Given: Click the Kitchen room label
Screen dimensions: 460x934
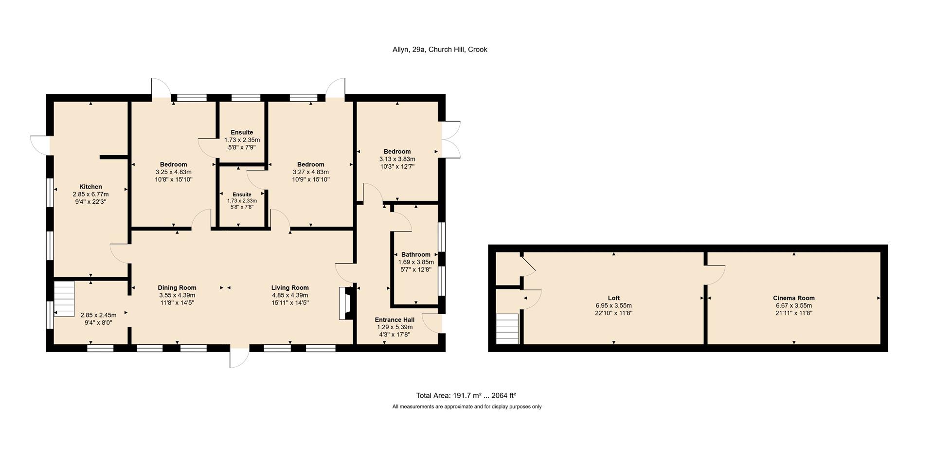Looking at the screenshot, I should point(90,187).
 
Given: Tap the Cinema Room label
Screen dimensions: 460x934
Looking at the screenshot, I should point(793,298).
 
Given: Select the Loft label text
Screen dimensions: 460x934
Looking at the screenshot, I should point(613,298).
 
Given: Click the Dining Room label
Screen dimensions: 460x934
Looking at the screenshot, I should point(177,287).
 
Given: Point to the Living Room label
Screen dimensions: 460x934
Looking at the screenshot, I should point(290,287).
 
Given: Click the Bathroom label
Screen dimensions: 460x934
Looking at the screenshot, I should point(415,254).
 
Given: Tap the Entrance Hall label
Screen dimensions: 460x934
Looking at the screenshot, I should point(395,319).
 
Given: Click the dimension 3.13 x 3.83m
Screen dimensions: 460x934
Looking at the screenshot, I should point(397,159).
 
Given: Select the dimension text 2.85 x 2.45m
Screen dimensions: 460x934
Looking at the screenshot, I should point(98,315).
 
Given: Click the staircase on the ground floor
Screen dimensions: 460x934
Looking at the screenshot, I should point(64,298).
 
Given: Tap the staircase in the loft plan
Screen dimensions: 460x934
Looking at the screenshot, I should point(507,329).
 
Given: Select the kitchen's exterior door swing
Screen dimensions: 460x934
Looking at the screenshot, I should point(40,145).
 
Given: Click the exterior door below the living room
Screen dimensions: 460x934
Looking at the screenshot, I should point(239,358).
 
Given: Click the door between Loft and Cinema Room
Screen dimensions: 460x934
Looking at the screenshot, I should point(715,275).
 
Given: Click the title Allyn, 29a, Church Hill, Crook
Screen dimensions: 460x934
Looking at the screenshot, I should point(440,49).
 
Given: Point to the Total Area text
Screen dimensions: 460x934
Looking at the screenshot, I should point(466,395).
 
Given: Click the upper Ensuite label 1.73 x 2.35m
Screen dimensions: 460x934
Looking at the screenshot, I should point(242,140).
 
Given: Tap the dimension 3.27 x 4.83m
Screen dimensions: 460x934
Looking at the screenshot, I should point(311,172).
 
